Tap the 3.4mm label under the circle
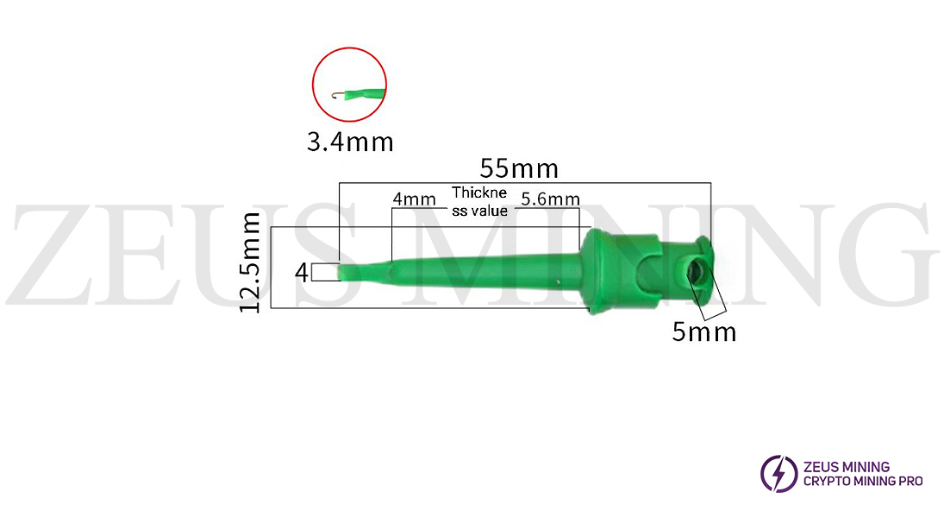pyautogui.click(x=350, y=141)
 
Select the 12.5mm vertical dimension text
pyautogui.click(x=251, y=262)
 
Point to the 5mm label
pyautogui.click(x=704, y=331)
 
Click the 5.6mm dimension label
pyautogui.click(x=550, y=199)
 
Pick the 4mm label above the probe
pyautogui.click(x=414, y=199)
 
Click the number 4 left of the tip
pyautogui.click(x=301, y=273)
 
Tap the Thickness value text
pyautogui.click(x=479, y=202)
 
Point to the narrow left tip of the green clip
pyautogui.click(x=347, y=272)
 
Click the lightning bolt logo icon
pyautogui.click(x=778, y=474)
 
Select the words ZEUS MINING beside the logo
pyautogui.click(x=846, y=467)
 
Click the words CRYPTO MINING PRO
pyautogui.click(x=863, y=481)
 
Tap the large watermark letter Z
pyautogui.click(x=55, y=254)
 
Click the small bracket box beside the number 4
pyautogui.click(x=324, y=273)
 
